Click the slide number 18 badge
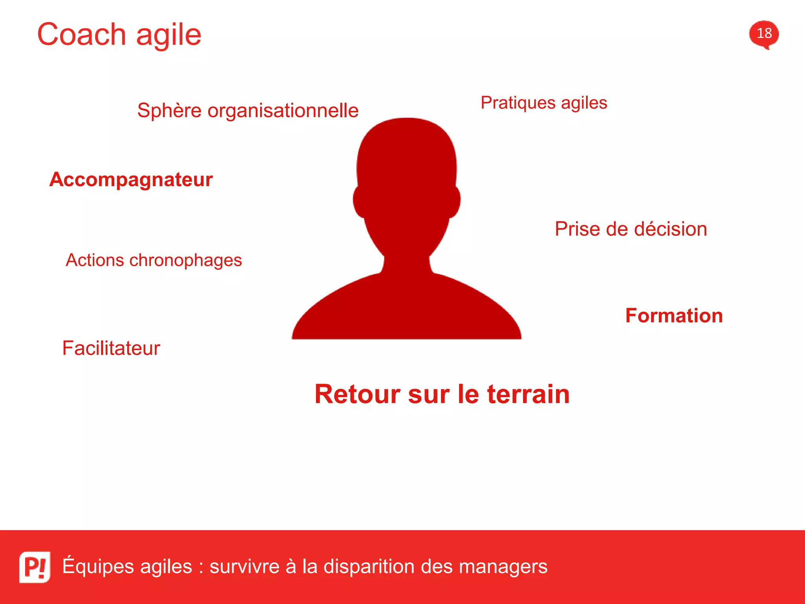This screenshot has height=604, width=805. (764, 34)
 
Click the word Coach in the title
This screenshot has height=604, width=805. (81, 35)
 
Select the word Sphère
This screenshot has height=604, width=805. (169, 110)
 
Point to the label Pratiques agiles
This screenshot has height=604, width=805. (544, 103)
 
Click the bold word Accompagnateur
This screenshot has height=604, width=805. (131, 180)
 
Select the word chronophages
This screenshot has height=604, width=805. (186, 261)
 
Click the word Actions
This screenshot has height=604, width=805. (95, 260)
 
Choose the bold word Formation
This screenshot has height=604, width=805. (674, 316)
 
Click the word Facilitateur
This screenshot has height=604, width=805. (111, 348)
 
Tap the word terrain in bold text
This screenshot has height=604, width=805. (528, 394)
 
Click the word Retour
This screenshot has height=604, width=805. (358, 394)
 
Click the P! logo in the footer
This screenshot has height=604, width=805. (35, 567)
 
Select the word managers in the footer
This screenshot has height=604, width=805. (503, 567)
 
